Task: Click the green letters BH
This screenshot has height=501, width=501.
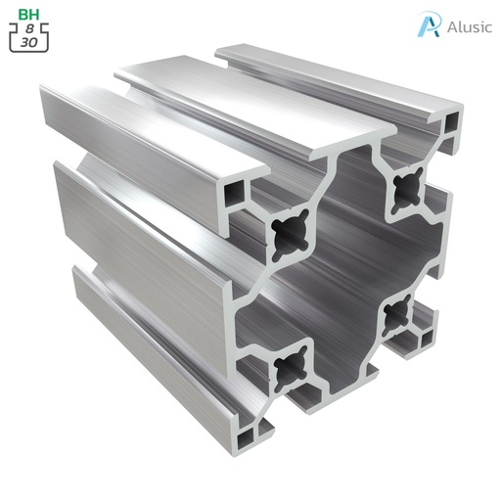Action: click(29, 14)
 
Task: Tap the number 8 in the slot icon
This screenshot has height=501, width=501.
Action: click(29, 29)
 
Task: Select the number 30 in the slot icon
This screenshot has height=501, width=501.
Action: click(29, 43)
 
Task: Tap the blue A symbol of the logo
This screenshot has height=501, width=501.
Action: click(428, 24)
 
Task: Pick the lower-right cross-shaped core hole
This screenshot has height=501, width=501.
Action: click(398, 313)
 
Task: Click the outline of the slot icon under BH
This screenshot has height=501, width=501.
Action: click(12, 43)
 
